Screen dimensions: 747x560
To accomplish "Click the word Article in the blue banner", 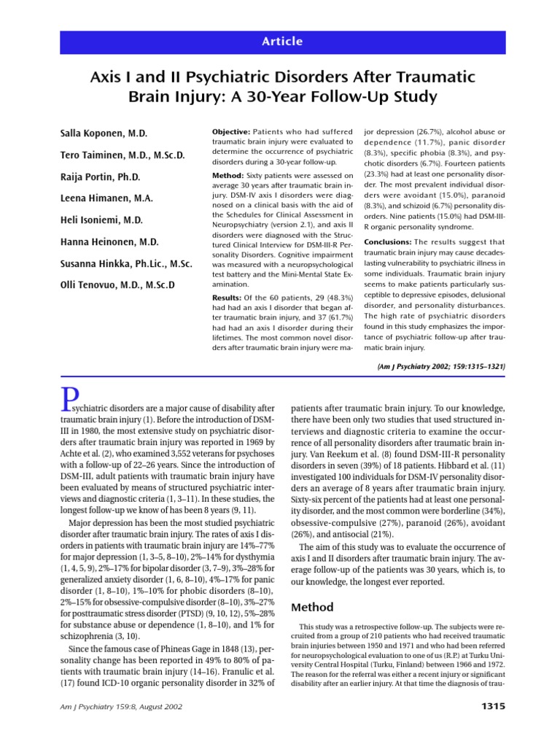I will (x=282, y=42).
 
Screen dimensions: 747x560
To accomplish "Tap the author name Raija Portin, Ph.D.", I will (x=100, y=177).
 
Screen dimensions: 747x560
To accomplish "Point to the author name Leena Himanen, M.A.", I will (x=106, y=198).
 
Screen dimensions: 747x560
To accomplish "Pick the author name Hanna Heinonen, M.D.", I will (x=109, y=242).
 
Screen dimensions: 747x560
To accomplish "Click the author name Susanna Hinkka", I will (x=125, y=263).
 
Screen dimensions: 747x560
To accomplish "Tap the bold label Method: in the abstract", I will (x=227, y=176).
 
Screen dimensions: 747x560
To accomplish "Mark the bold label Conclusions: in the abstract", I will (x=389, y=241).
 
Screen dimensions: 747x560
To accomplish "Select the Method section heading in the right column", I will (x=314, y=607).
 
